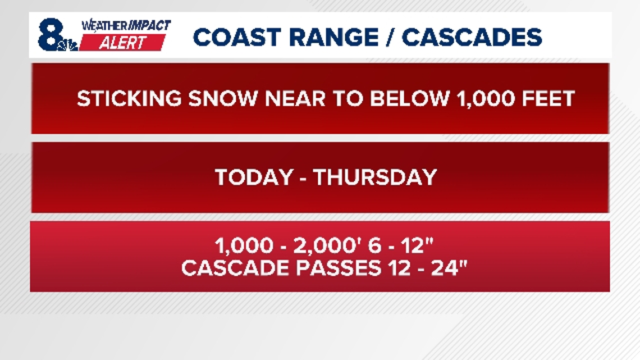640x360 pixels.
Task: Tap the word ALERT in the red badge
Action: [122, 43]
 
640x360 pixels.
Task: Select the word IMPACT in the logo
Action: [149, 26]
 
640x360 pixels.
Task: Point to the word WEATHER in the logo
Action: [104, 26]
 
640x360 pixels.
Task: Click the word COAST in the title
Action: [237, 37]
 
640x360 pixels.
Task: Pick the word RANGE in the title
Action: [334, 37]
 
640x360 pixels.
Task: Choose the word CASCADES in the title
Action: [472, 37]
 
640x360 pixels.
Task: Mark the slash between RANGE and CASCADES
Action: [390, 37]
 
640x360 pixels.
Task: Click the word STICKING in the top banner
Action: [129, 99]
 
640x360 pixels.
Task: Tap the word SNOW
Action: [222, 99]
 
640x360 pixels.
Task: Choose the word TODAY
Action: [254, 177]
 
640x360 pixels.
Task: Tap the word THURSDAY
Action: [375, 177]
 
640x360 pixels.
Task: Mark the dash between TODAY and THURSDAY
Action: [303, 179]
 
